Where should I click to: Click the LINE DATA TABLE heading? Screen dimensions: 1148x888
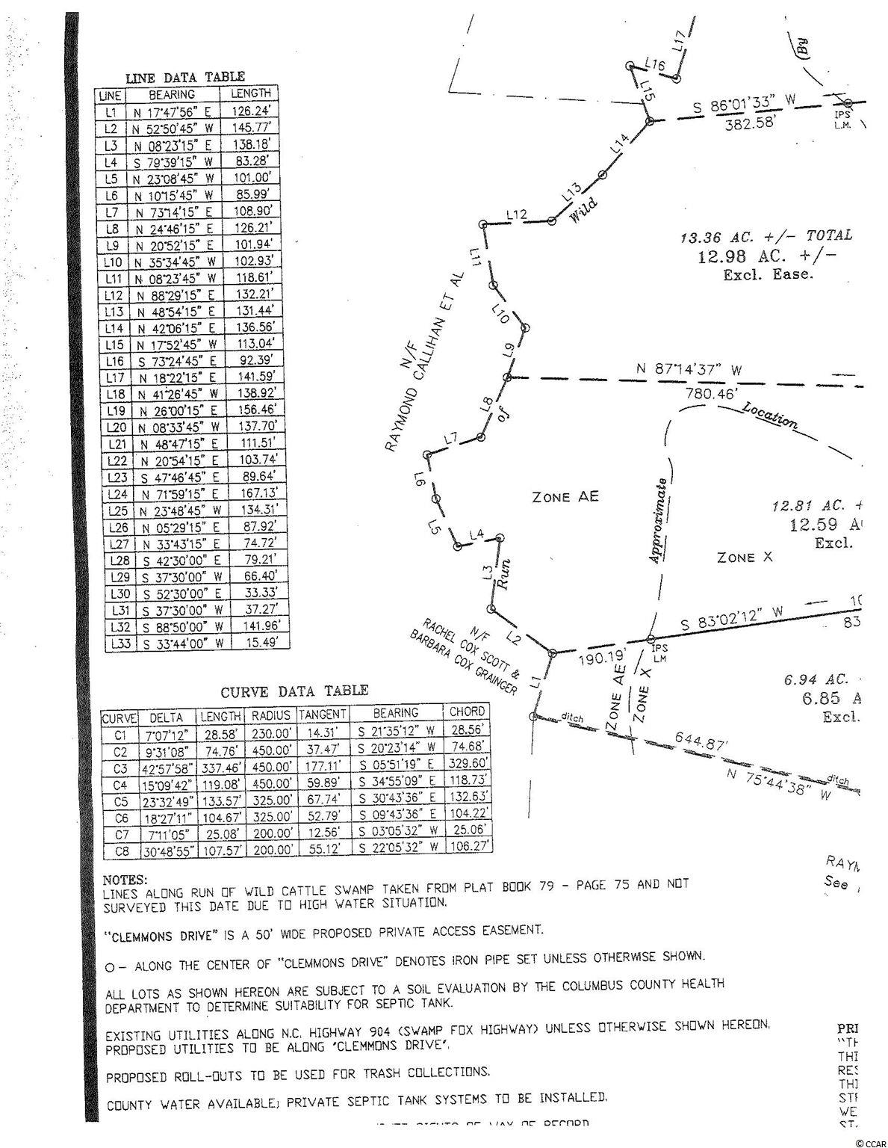point(184,77)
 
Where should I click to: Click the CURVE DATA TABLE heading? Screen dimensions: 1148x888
point(294,692)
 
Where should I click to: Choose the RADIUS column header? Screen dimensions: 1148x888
point(270,715)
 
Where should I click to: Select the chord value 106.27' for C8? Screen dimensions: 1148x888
point(468,846)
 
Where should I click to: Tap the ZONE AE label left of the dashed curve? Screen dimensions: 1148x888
point(565,497)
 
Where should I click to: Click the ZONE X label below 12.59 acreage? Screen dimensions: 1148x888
point(744,558)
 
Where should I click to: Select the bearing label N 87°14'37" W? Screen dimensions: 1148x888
point(689,370)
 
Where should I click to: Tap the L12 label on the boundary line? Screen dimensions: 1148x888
point(516,215)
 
